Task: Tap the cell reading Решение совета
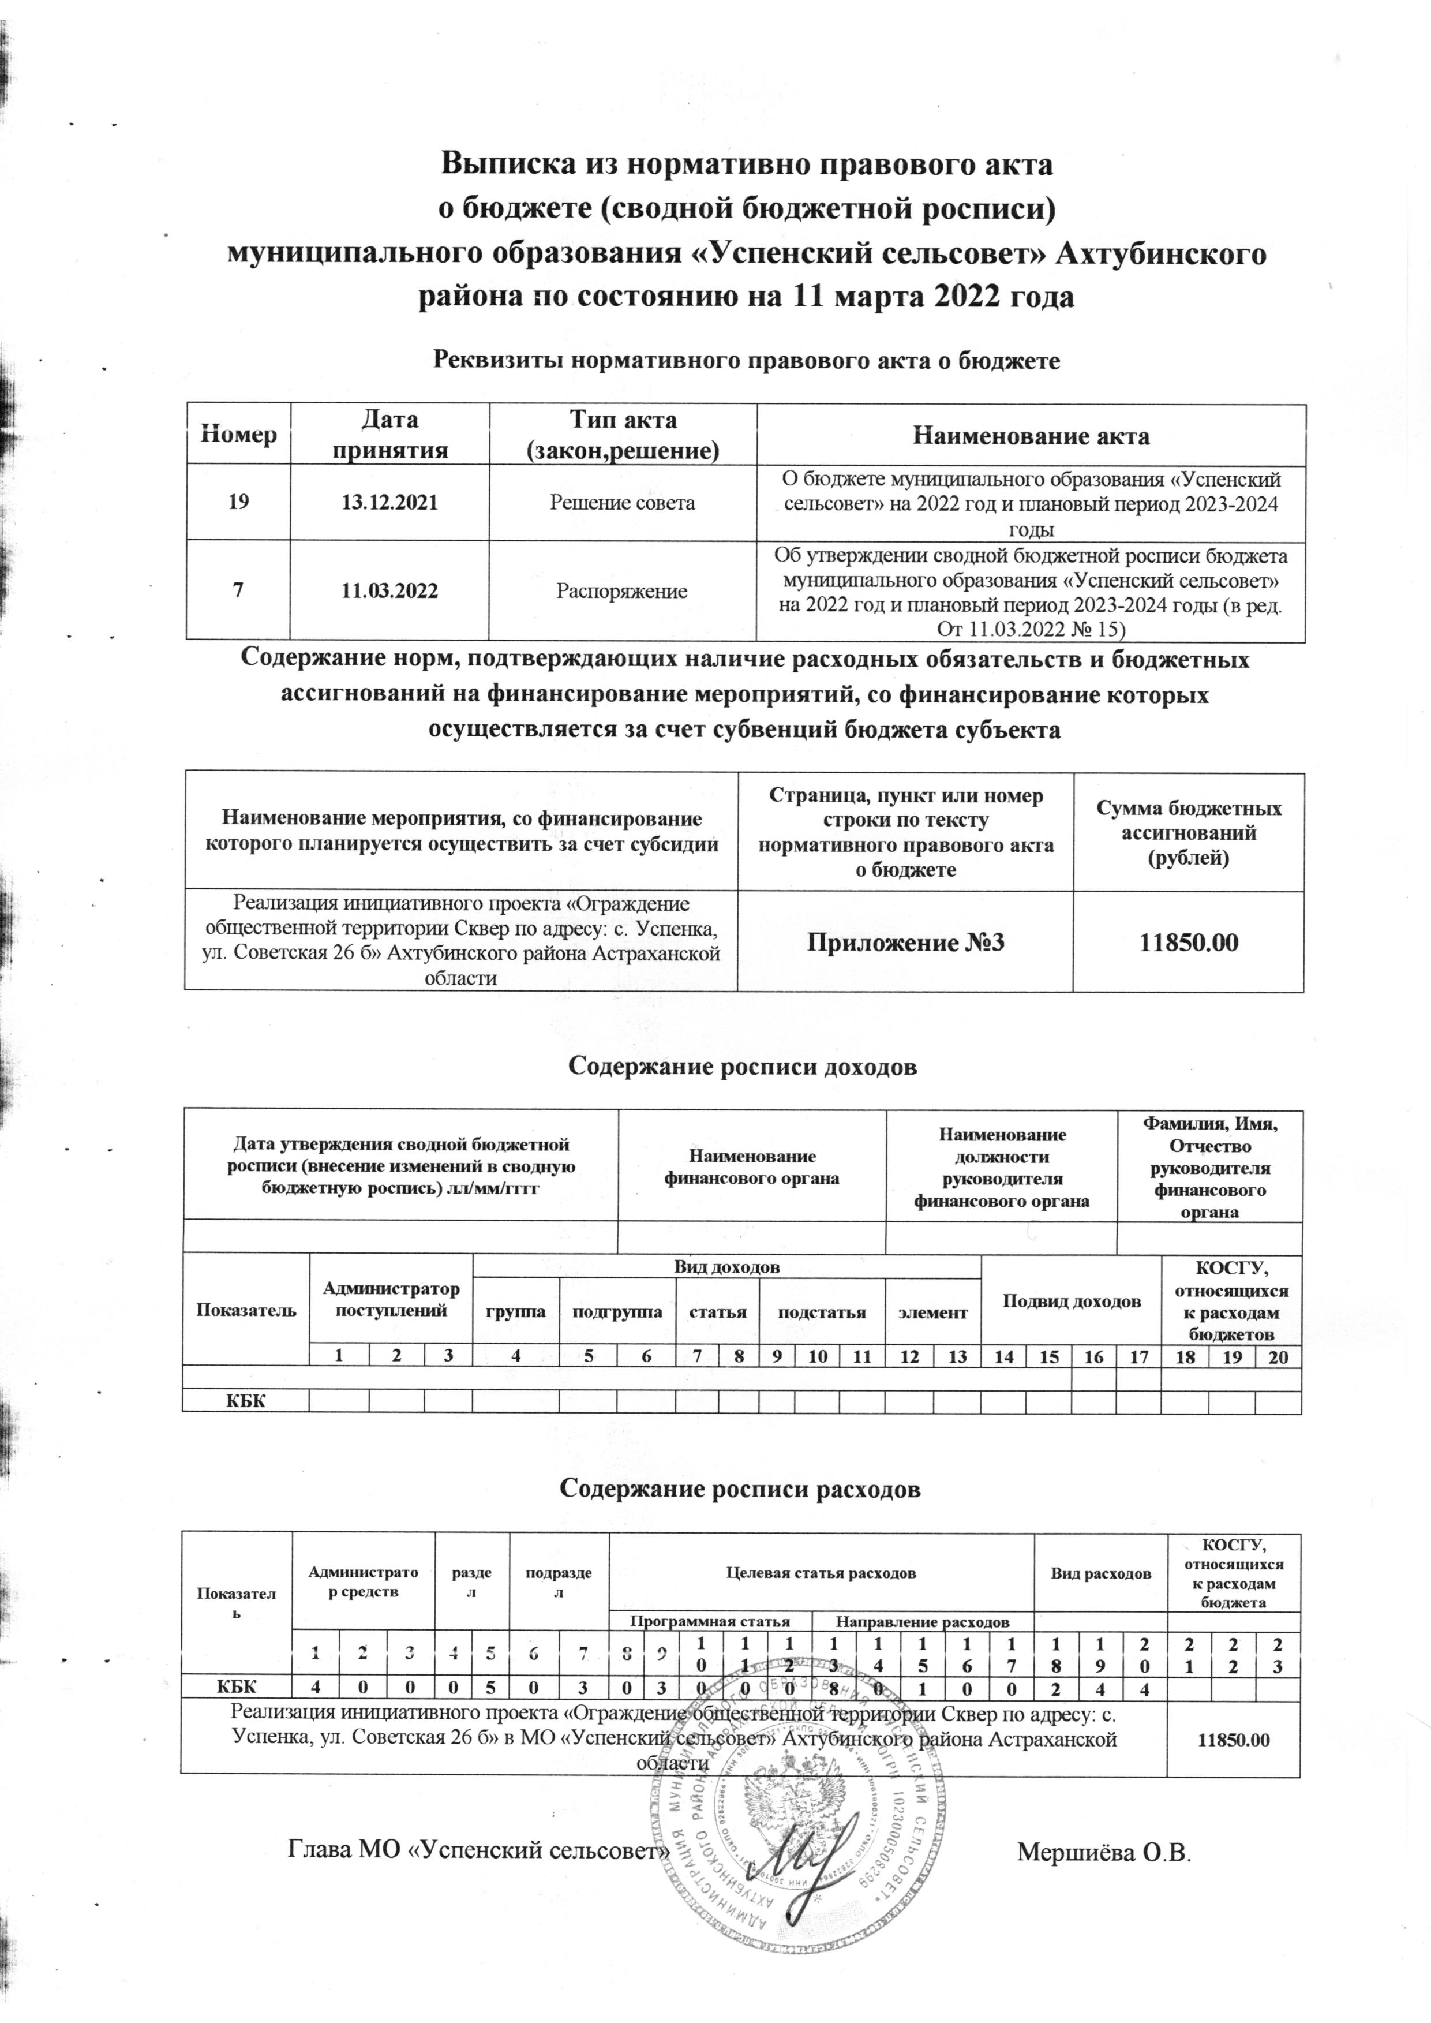tap(622, 503)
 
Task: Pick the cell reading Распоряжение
tap(622, 590)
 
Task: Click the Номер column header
tap(239, 435)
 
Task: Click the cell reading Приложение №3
tap(905, 941)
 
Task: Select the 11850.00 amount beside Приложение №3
tap(1188, 941)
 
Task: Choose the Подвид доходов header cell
tap(1070, 1301)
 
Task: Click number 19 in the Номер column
tap(239, 503)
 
